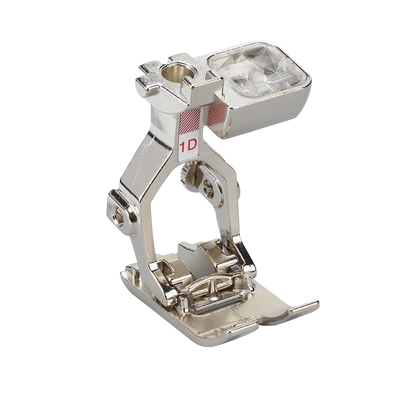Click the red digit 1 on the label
(182, 147)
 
